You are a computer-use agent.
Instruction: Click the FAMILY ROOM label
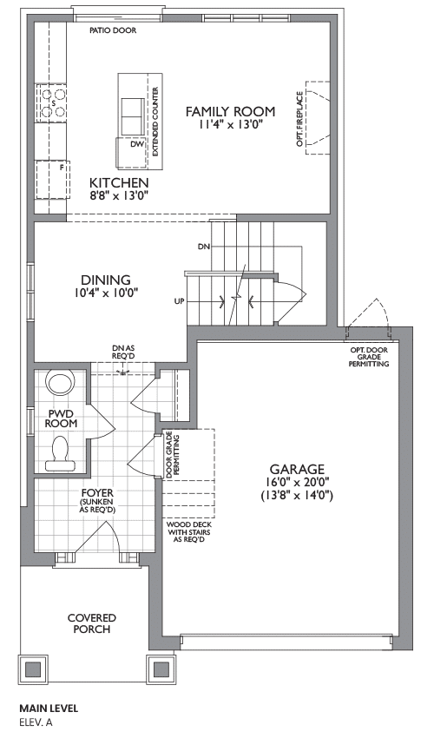(230, 111)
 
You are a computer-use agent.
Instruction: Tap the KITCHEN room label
(119, 182)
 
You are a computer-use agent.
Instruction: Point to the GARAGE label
(297, 469)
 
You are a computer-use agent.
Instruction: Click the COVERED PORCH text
(92, 623)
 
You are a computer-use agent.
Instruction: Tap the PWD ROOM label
(61, 418)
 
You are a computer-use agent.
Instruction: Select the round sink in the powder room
(61, 383)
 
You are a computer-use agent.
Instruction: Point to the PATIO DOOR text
(113, 30)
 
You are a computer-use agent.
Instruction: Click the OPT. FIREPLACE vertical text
(299, 119)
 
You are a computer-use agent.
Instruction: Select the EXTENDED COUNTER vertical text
(155, 122)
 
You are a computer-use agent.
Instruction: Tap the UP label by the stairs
(180, 301)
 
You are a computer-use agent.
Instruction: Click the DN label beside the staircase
(204, 247)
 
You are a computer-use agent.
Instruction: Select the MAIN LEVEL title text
(49, 708)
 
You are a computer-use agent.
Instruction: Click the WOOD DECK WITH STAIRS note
(189, 532)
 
